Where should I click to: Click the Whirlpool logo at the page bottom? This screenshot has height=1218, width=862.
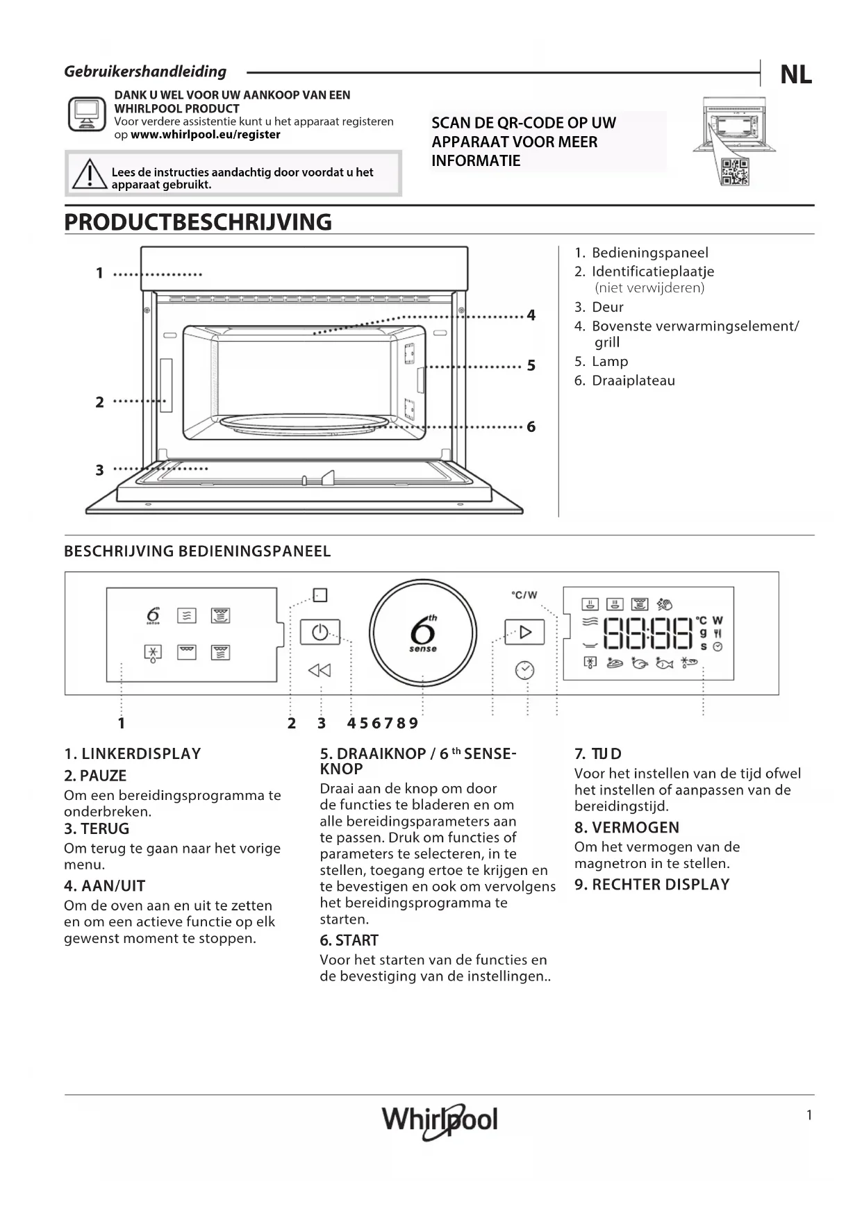pos(440,1120)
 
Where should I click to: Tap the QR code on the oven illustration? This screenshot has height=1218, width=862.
pos(734,172)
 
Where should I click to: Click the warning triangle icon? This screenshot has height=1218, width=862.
pos(88,174)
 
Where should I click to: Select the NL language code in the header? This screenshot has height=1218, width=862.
pos(795,74)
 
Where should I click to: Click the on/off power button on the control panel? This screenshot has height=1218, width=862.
pos(320,633)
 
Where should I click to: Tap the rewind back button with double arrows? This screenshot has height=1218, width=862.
pos(319,670)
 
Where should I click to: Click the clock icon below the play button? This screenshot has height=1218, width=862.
pos(524,670)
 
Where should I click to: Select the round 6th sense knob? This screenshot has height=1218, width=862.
pos(422,633)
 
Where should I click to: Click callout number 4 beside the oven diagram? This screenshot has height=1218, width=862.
pos(531,315)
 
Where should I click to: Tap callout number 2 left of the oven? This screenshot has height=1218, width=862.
pos(99,402)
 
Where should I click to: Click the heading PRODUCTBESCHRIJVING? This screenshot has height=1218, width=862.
pos(198,222)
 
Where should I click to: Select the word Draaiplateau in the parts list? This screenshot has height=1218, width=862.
pos(633,381)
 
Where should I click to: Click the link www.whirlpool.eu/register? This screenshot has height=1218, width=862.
pos(206,135)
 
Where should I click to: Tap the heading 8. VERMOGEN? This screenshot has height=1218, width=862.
pos(627,828)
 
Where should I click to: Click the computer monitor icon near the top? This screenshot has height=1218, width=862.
pos(87,114)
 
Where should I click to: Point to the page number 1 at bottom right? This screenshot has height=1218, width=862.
pos(809,1115)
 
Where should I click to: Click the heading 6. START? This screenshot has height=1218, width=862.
pos(349,940)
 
